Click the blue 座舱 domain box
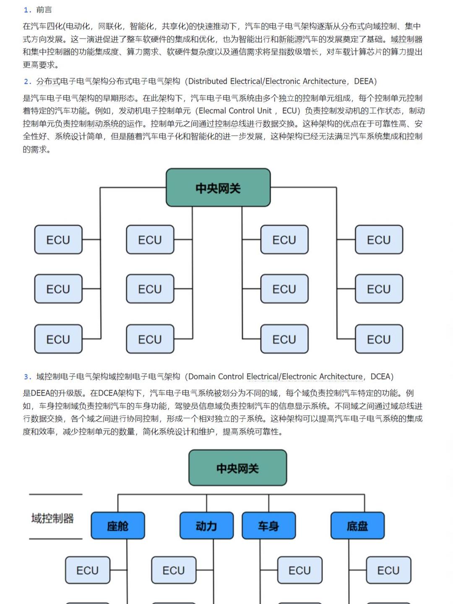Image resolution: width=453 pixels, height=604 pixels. (118, 526)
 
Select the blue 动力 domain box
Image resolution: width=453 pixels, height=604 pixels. (206, 526)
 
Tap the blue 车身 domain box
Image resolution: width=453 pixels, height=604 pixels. (268, 526)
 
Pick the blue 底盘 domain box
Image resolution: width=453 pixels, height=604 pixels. (357, 526)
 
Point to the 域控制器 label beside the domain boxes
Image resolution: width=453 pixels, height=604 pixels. (52, 518)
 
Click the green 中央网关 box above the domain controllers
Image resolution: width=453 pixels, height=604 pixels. (237, 468)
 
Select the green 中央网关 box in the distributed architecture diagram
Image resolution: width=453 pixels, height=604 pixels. (218, 188)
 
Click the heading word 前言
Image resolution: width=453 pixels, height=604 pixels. (44, 10)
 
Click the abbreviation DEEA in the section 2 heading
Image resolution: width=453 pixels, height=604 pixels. (363, 81)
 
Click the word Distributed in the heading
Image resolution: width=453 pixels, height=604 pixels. (208, 81)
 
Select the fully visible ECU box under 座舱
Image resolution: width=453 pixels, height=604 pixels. (87, 570)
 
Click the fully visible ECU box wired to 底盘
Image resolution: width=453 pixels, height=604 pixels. (388, 570)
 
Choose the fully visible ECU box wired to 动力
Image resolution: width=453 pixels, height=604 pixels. (174, 570)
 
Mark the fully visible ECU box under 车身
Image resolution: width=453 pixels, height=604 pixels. (299, 570)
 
